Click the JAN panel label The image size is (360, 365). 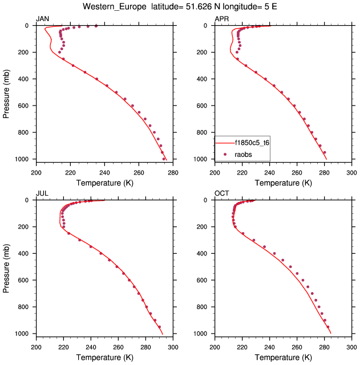pos(42,19)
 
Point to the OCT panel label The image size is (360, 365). pos(221,194)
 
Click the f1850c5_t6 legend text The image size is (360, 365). pos(252,143)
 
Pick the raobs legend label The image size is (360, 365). pos(244,154)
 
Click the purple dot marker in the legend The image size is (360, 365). pos(225,154)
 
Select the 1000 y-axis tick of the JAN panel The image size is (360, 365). pos(23,159)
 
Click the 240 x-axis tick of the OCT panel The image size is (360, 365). pos(269,344)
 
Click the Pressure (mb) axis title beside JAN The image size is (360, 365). pos(6,92)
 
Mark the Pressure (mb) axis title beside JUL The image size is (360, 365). pos(6,267)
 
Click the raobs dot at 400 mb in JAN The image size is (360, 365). pos(96,79)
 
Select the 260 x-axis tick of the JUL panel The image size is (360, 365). pos(118,344)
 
